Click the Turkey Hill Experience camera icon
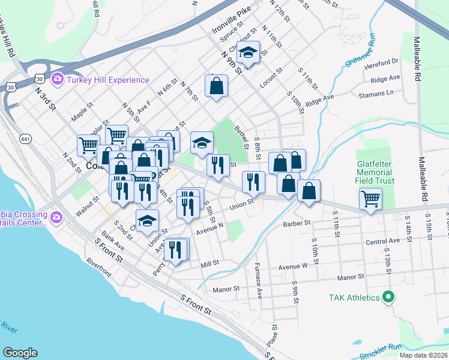pyautogui.click(x=58, y=79)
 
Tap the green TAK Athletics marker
pyautogui.click(x=388, y=296)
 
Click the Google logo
pyautogui.click(x=20, y=353)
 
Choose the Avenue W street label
pyautogui.click(x=292, y=266)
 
